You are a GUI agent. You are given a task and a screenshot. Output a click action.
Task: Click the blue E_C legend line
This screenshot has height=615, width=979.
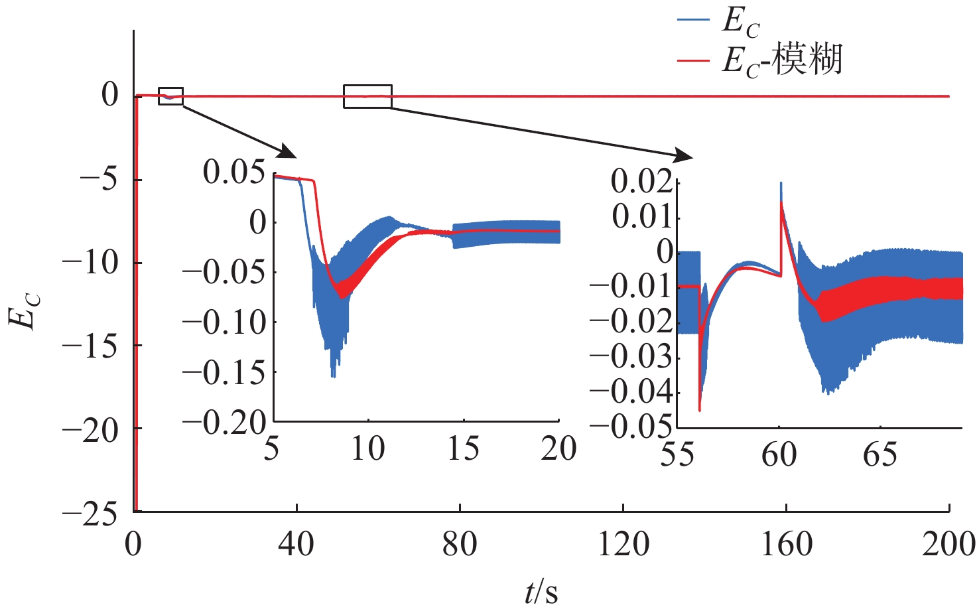click(693, 20)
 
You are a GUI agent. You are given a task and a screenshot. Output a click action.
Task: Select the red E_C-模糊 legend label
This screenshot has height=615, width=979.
click(782, 60)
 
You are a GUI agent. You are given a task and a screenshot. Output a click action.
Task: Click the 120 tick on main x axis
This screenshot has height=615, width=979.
click(623, 508)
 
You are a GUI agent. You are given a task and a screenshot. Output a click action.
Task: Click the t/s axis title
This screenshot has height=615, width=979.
click(541, 591)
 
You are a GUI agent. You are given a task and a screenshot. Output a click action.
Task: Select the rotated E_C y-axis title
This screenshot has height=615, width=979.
click(25, 310)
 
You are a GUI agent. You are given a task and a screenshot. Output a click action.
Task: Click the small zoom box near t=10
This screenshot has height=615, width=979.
click(170, 96)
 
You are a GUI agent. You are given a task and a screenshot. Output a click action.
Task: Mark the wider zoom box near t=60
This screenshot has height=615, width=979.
click(367, 96)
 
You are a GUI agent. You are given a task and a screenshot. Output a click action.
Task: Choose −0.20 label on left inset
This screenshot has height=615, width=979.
click(224, 422)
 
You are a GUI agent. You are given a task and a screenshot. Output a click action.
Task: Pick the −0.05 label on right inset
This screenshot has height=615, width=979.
click(631, 427)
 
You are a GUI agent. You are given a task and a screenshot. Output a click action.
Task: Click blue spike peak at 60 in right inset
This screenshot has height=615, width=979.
click(781, 182)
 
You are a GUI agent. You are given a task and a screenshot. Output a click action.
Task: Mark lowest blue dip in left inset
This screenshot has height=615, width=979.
click(333, 376)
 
